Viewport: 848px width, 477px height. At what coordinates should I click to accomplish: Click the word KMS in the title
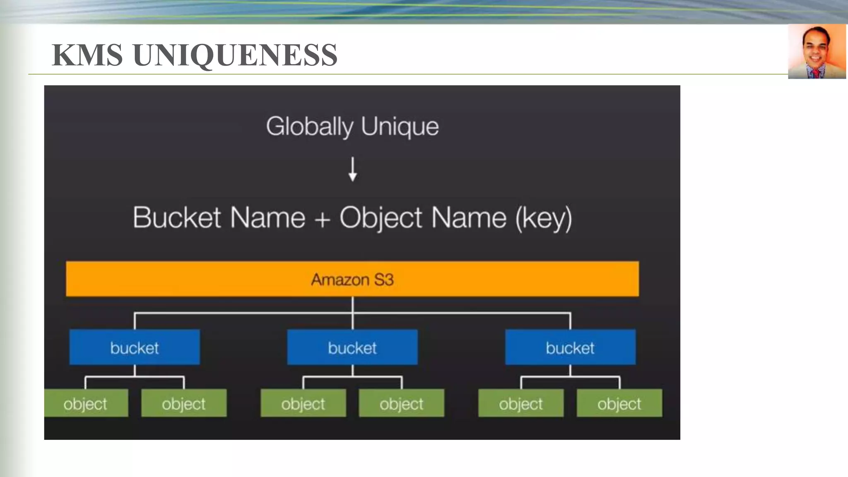pyautogui.click(x=87, y=55)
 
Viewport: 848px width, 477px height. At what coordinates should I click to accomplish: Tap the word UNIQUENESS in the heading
pyautogui.click(x=235, y=55)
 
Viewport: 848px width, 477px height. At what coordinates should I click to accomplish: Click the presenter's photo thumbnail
pyautogui.click(x=817, y=51)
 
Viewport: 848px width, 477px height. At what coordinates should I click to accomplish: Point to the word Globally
pyautogui.click(x=309, y=126)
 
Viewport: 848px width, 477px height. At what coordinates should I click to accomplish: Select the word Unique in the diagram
pyautogui.click(x=400, y=126)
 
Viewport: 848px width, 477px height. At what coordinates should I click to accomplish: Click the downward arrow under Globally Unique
pyautogui.click(x=353, y=169)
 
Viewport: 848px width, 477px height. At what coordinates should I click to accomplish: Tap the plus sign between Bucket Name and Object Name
pyautogui.click(x=322, y=219)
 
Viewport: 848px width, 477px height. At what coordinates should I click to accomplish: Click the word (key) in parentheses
pyautogui.click(x=544, y=218)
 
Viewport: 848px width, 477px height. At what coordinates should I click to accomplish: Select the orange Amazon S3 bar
pyautogui.click(x=352, y=279)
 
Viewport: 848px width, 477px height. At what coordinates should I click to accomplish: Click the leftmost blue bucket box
pyautogui.click(x=135, y=347)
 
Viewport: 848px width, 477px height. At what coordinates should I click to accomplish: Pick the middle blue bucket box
pyautogui.click(x=352, y=347)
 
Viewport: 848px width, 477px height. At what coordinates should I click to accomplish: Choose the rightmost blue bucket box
pyautogui.click(x=570, y=347)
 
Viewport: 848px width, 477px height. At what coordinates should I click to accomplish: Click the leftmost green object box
pyautogui.click(x=86, y=403)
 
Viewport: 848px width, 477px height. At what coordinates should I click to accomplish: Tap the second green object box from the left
pyautogui.click(x=184, y=403)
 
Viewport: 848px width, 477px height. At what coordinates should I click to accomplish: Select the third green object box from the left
pyautogui.click(x=303, y=403)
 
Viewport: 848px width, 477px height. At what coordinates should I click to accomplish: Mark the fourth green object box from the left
pyautogui.click(x=401, y=403)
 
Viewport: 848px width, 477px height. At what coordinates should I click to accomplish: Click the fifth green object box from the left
pyautogui.click(x=521, y=403)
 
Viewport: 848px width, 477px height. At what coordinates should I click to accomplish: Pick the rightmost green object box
pyautogui.click(x=619, y=403)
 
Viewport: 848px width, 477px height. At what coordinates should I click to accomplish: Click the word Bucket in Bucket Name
pyautogui.click(x=177, y=218)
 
